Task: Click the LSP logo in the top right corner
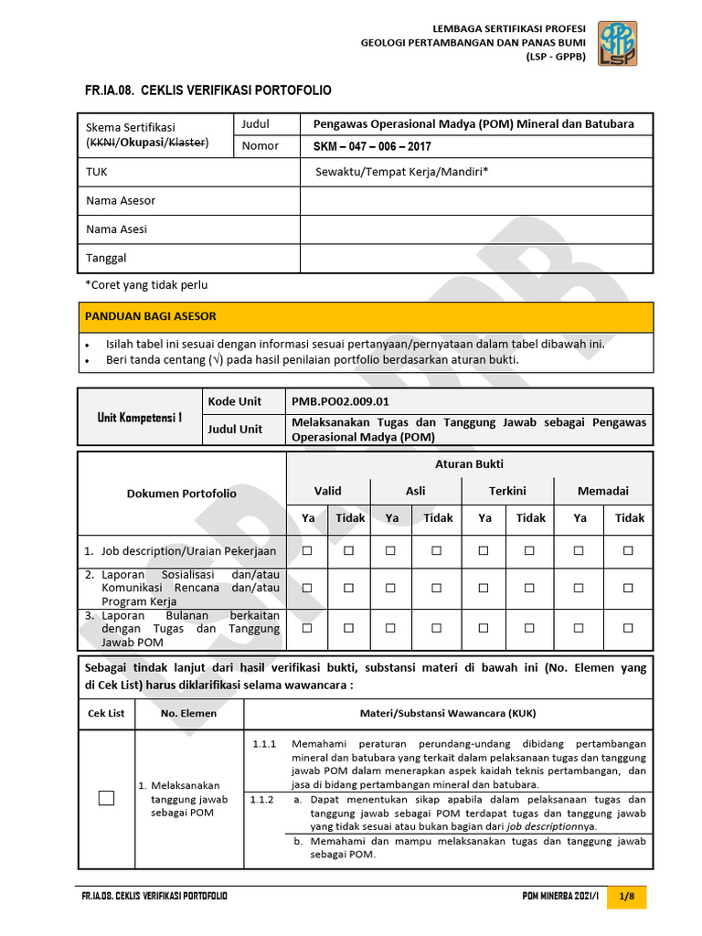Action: tap(618, 43)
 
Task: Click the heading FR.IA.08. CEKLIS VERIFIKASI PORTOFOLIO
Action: tap(208, 90)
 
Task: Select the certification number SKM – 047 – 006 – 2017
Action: tap(373, 146)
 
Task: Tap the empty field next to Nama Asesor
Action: tap(476, 200)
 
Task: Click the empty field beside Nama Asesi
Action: tap(476, 229)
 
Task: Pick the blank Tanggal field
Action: tap(476, 258)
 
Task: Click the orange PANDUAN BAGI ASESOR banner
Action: tap(366, 316)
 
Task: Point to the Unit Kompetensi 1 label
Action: tap(140, 417)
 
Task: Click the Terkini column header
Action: tap(507, 491)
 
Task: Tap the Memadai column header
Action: tap(602, 491)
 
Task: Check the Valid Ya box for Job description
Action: tap(308, 551)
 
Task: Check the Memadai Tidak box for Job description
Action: tap(628, 551)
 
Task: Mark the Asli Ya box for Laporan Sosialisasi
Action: tap(391, 588)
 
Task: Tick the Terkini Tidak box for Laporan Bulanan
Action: tap(529, 628)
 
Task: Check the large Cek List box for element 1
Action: tap(107, 798)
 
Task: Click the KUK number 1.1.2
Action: tap(262, 800)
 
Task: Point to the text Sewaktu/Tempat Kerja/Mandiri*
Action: tap(402, 171)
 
